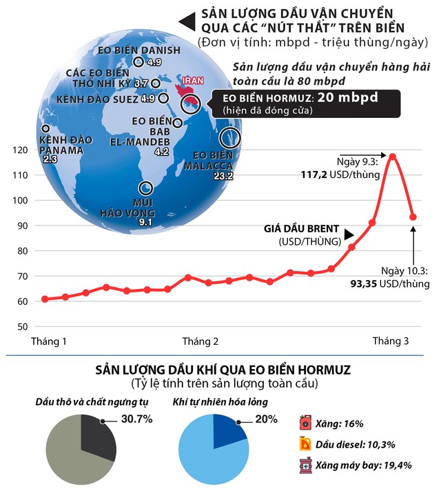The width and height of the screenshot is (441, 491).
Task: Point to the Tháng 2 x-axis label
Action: (200, 341)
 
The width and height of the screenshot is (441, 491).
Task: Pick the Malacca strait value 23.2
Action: (225, 176)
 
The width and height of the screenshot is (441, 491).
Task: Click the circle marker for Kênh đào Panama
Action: (46, 128)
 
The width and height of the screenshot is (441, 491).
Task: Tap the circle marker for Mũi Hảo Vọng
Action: (145, 188)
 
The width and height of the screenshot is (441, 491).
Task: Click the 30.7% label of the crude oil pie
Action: (138, 419)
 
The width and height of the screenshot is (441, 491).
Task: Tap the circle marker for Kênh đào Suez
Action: (163, 99)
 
